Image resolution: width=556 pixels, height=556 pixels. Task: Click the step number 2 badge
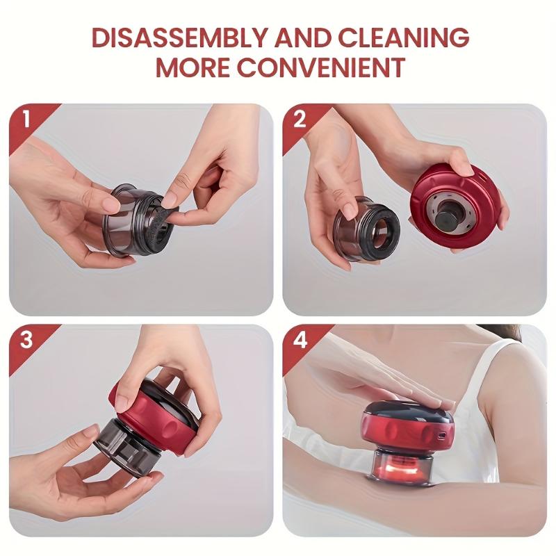click(300, 118)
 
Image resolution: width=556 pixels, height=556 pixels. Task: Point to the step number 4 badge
click(300, 340)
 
